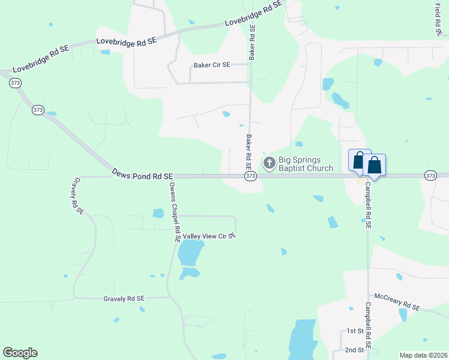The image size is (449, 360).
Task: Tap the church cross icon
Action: point(270,162)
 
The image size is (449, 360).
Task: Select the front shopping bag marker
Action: point(374,165)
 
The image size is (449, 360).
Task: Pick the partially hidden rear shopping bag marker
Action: point(358,160)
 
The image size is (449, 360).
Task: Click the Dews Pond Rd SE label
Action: point(142,173)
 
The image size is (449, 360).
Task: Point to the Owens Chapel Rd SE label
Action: point(175,212)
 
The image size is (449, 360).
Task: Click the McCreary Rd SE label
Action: point(397,301)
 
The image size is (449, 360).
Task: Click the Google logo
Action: point(20,353)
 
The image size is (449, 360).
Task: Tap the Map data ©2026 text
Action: point(423,355)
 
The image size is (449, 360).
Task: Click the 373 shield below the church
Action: point(251,176)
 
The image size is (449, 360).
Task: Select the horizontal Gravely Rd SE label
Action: point(124,298)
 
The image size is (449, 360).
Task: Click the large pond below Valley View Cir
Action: point(190,254)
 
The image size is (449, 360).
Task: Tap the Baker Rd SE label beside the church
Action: point(248,152)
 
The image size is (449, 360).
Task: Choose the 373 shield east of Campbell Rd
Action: point(430,175)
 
